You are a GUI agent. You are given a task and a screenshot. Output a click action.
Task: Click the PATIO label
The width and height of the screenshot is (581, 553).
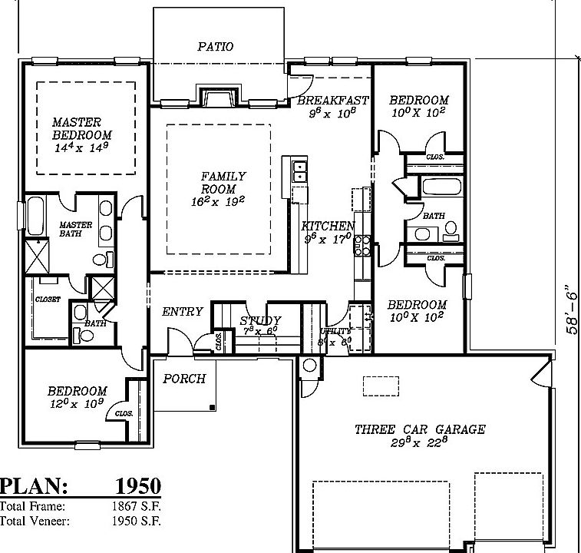point(215,47)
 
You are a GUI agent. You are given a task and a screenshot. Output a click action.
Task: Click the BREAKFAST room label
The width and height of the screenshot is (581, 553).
point(332,101)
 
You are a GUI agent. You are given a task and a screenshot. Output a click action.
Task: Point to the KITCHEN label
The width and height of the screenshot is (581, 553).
point(328,226)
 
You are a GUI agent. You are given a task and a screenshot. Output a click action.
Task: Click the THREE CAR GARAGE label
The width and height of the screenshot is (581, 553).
point(419,429)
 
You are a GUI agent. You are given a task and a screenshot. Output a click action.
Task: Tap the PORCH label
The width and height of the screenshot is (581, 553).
point(184,379)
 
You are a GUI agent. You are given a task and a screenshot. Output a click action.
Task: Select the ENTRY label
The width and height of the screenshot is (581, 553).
point(183,312)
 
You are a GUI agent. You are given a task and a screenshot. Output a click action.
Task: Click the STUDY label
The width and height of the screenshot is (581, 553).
point(260,320)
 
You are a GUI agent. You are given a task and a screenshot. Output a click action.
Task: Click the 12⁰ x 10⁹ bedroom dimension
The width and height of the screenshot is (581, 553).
point(75,403)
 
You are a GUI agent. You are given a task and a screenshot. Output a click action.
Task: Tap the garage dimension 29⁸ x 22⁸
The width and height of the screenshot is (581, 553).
point(419,443)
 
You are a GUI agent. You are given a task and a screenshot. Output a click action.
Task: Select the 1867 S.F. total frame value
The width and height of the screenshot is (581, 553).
point(135,506)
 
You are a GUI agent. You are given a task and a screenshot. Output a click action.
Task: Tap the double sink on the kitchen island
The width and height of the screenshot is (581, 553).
point(299,171)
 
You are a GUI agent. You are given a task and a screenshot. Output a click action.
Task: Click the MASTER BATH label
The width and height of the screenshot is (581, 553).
point(75,229)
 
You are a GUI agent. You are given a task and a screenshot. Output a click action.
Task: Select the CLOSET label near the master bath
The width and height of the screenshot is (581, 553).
point(48,300)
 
